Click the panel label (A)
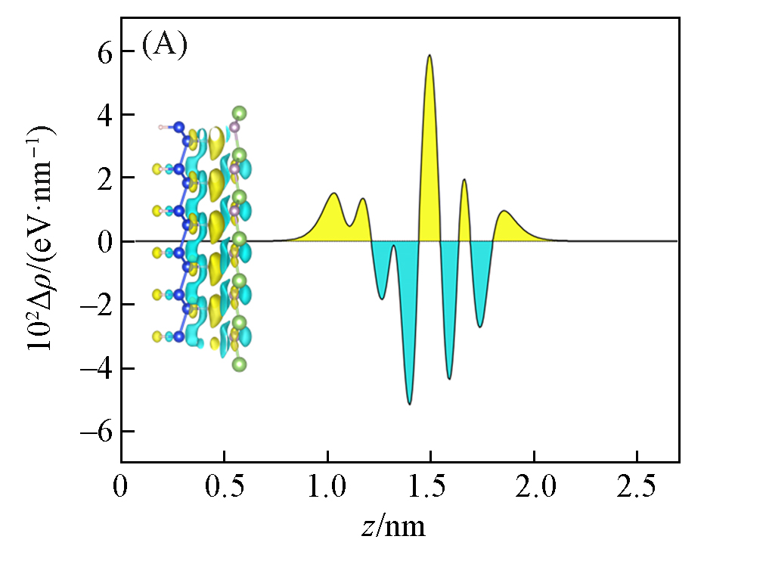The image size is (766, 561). point(164,46)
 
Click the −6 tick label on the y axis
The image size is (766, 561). point(98,431)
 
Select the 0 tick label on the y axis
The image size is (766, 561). point(105,241)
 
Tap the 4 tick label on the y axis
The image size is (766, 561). point(105,115)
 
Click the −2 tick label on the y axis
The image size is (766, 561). point(98,305)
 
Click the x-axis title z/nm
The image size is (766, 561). point(392,526)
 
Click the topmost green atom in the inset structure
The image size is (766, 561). point(240,113)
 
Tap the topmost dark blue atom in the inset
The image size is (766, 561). point(179,127)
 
